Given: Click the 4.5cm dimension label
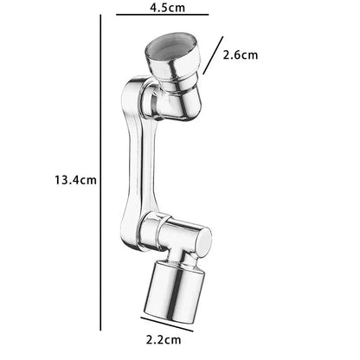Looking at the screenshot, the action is tap(167, 7).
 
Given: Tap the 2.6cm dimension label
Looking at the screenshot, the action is tap(241, 55).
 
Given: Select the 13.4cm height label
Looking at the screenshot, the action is tap(75, 180).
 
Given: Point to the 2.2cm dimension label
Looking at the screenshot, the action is tap(164, 340).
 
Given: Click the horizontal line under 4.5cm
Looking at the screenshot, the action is tap(163, 14).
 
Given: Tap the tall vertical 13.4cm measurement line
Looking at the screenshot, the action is tap(100, 172).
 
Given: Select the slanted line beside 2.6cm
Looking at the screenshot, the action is tap(213, 55).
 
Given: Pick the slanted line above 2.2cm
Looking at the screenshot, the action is tap(167, 324).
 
